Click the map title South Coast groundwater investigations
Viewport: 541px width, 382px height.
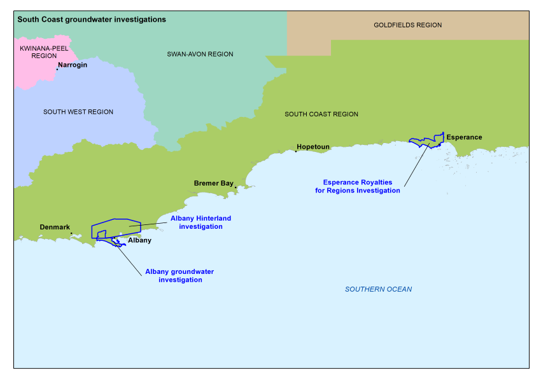tap(92, 20)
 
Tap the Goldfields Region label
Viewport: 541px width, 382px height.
tap(407, 25)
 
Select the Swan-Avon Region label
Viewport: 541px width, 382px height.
tap(200, 55)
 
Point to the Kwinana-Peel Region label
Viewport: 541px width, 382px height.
tap(44, 52)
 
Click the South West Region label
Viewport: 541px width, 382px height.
tap(78, 112)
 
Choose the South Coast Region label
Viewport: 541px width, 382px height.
tap(321, 114)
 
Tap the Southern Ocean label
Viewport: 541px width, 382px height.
tap(378, 290)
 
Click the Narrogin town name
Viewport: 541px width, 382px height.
tap(73, 65)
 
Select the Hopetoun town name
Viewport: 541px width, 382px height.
tap(313, 147)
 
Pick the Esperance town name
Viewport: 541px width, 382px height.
tap(464, 137)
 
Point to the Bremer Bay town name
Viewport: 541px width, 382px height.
tap(213, 183)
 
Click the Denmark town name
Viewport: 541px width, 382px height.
tap(55, 227)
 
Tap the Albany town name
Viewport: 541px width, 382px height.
tap(140, 240)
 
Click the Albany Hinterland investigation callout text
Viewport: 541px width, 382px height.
tap(200, 222)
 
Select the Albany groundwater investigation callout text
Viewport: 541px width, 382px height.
tap(179, 276)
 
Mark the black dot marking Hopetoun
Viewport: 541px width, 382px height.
tap(296, 151)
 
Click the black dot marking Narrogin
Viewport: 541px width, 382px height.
tap(57, 69)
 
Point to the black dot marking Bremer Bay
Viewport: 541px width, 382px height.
tap(235, 187)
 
